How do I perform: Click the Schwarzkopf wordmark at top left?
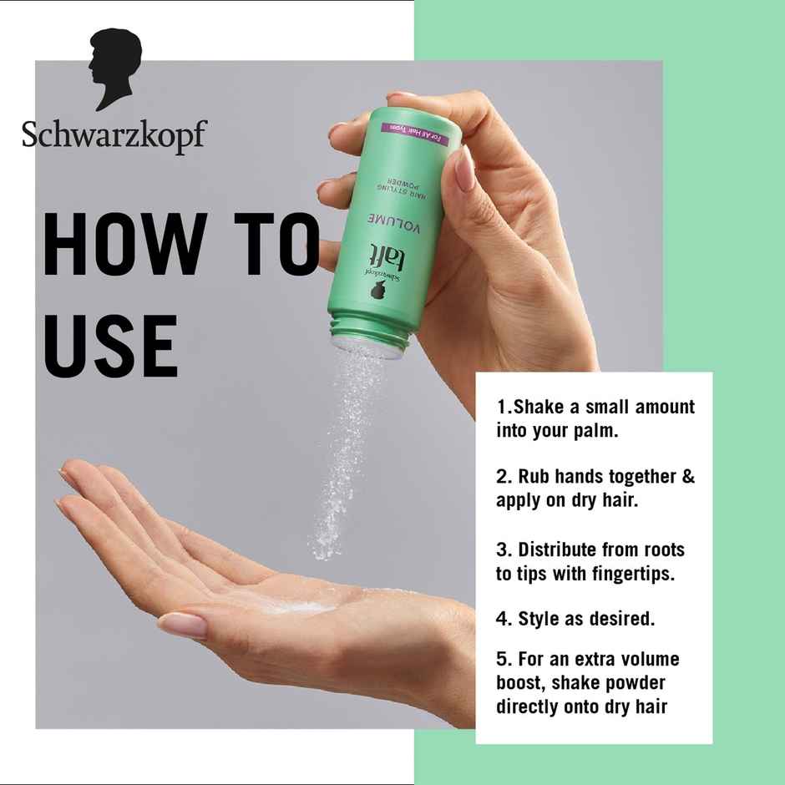coord(113,134)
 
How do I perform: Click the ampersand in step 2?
coord(688,478)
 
